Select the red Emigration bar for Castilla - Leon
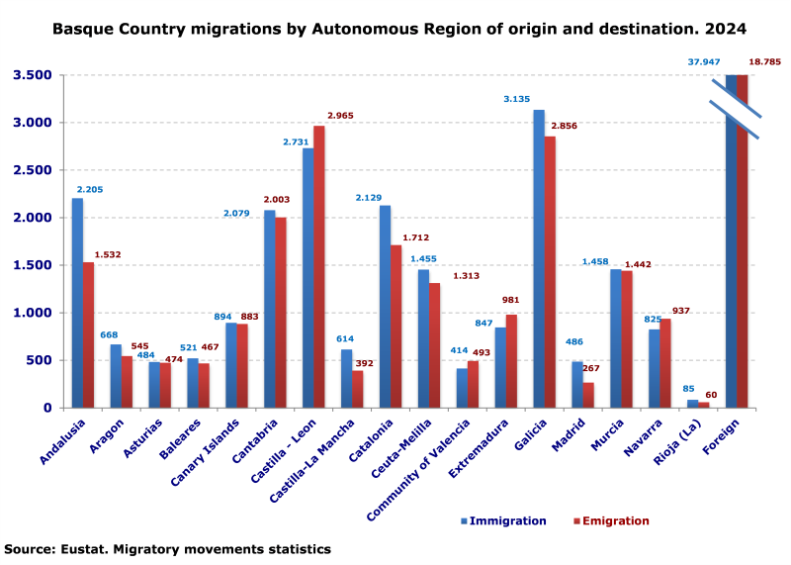click(318, 266)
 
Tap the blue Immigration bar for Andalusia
click(77, 303)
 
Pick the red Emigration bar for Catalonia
click(395, 326)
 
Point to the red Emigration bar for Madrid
click(588, 395)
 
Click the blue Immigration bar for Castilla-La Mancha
click(346, 378)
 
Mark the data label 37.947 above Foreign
click(705, 62)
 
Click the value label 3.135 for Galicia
click(517, 99)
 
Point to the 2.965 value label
click(340, 116)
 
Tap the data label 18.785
click(764, 62)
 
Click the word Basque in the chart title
click(85, 29)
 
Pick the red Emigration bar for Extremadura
click(511, 361)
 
